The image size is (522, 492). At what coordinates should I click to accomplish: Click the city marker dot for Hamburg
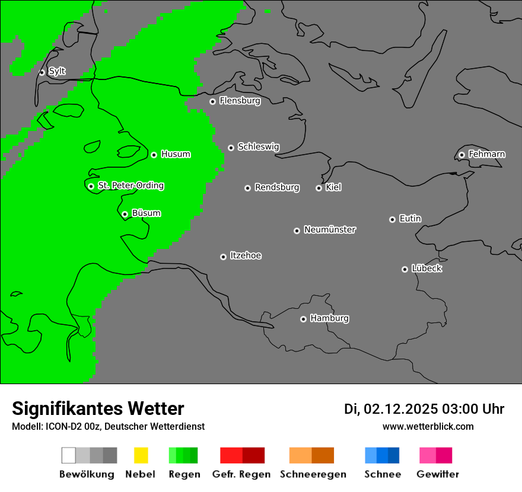click(303, 319)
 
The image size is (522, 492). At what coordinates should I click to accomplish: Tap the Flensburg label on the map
click(240, 101)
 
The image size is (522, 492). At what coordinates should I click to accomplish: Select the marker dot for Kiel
click(319, 188)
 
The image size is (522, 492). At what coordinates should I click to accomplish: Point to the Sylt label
click(57, 71)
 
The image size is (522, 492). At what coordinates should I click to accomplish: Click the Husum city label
click(176, 154)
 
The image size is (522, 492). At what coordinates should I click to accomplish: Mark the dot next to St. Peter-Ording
click(91, 186)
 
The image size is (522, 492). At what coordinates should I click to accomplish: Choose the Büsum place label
click(146, 213)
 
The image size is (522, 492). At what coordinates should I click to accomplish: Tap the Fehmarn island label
click(486, 154)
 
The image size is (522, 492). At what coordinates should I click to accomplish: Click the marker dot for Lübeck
click(405, 269)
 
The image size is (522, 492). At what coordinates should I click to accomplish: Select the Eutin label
click(410, 219)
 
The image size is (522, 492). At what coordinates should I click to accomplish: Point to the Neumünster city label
click(330, 229)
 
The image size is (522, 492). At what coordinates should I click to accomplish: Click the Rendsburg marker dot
click(247, 188)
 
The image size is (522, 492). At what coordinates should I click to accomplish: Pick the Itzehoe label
click(246, 255)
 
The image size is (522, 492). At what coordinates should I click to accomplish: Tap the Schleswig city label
click(258, 146)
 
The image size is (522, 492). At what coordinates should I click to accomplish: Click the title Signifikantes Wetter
click(98, 408)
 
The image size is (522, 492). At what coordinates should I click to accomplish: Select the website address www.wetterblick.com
click(428, 426)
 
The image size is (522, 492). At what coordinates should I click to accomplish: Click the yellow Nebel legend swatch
click(141, 455)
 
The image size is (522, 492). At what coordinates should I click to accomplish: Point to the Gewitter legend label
click(437, 474)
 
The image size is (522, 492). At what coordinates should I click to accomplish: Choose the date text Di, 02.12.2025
click(391, 409)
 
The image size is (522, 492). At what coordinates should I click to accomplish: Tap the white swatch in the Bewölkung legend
click(68, 455)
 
